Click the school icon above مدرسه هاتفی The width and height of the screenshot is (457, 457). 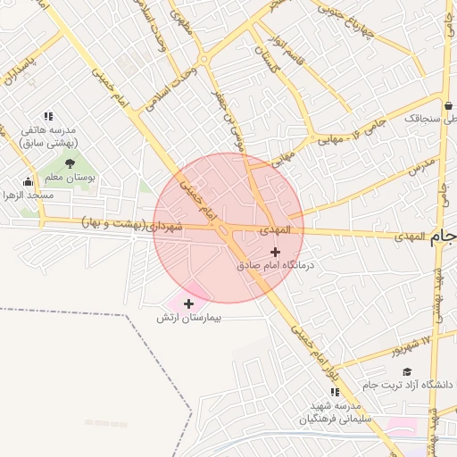point(48,116)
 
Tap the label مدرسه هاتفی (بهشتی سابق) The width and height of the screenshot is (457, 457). point(49,137)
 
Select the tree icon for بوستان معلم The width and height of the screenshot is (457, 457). point(69,163)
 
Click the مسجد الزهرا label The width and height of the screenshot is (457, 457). point(28,195)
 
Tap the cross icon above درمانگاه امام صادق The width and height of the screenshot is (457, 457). point(275,253)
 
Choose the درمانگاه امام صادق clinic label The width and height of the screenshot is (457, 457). point(276,266)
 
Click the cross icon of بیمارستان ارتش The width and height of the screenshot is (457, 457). point(188,304)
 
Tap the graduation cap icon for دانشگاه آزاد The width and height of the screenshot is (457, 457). point(407,371)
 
